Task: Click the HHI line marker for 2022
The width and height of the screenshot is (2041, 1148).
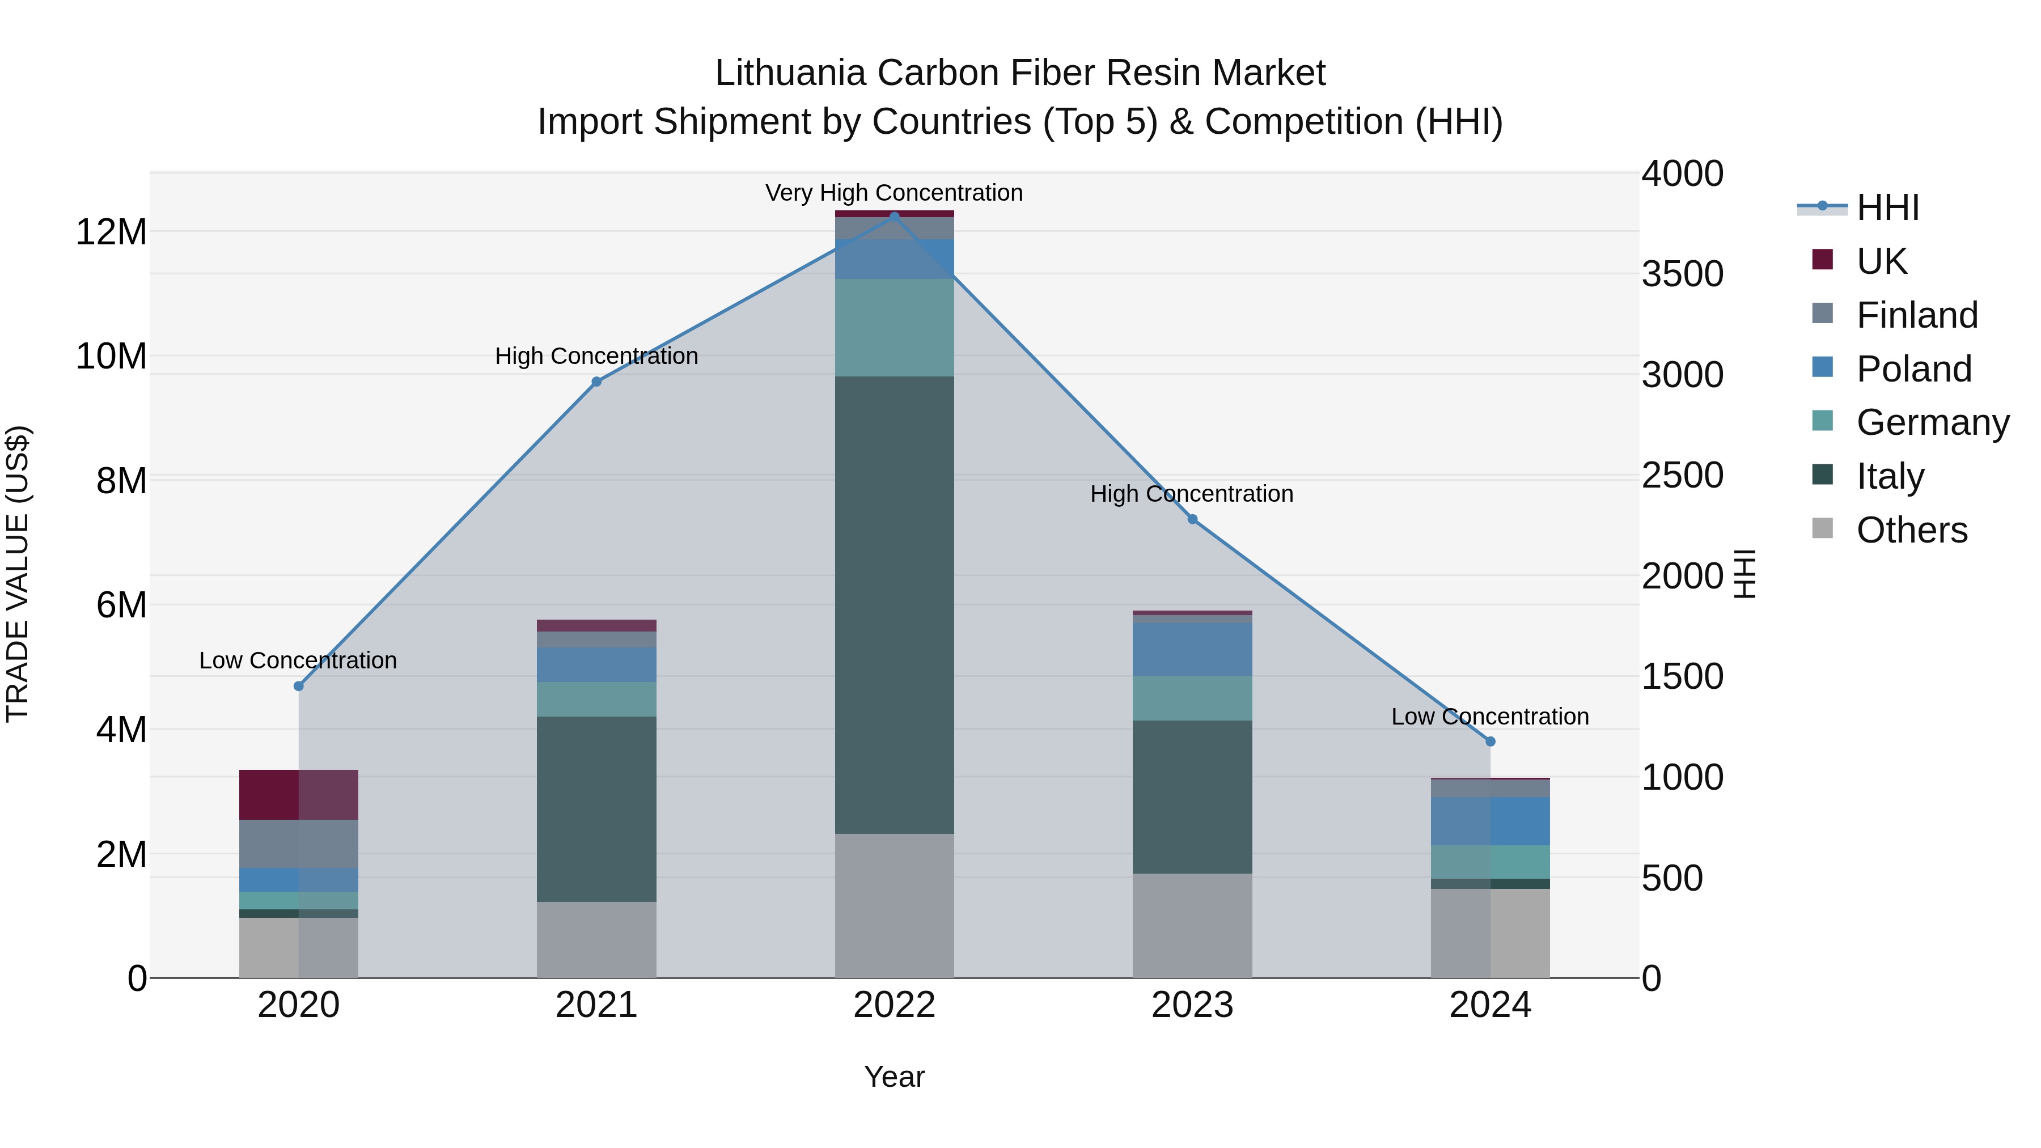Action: [x=895, y=217]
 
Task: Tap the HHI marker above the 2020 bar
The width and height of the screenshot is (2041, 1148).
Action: [x=299, y=686]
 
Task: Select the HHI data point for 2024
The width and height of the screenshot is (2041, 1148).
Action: [x=1490, y=742]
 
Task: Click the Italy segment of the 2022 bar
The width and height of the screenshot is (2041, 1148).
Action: [x=895, y=604]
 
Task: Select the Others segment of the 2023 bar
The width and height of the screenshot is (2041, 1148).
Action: [x=1192, y=925]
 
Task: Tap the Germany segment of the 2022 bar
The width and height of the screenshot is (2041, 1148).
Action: [x=895, y=327]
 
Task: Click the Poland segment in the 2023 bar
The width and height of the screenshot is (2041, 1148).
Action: [x=1192, y=649]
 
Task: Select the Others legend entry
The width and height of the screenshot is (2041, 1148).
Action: [x=1911, y=530]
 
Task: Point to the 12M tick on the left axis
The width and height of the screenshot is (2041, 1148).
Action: [x=111, y=232]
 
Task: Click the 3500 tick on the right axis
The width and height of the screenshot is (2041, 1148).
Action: [x=1682, y=274]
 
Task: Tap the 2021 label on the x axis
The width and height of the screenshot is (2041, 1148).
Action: [x=596, y=1005]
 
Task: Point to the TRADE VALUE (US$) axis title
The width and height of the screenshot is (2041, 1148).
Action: [x=18, y=574]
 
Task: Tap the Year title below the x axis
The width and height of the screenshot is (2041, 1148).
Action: [x=895, y=1077]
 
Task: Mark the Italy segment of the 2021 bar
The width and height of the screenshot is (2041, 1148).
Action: [x=596, y=809]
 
